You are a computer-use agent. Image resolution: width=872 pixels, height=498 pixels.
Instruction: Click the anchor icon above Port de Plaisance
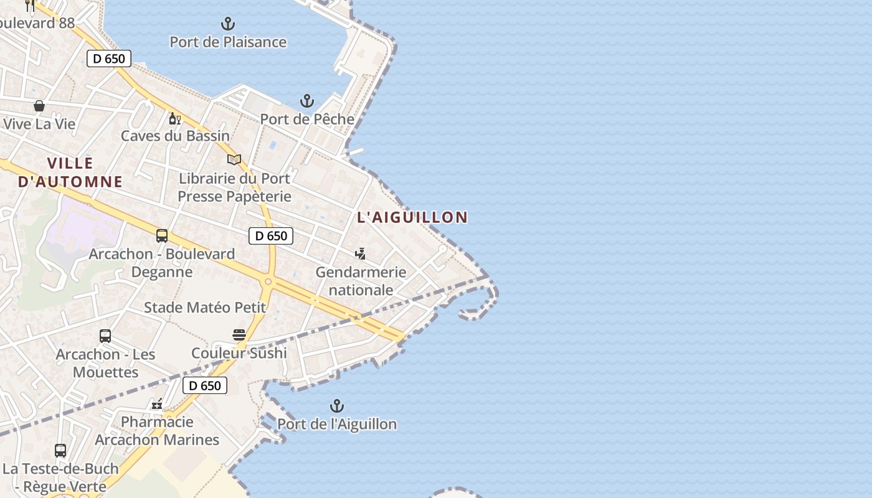click(228, 24)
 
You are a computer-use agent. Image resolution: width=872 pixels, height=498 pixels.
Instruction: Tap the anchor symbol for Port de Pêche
click(306, 101)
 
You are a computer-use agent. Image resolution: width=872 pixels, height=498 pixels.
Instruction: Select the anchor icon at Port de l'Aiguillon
click(336, 406)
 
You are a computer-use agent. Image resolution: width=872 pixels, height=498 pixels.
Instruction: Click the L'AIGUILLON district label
click(412, 217)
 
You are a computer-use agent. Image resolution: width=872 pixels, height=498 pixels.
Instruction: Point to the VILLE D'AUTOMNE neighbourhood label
click(70, 172)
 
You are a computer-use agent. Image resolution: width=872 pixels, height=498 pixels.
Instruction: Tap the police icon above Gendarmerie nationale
click(360, 253)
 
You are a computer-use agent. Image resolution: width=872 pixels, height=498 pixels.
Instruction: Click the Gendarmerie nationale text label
click(361, 281)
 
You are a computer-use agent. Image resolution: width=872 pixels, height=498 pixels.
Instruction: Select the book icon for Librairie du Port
click(234, 160)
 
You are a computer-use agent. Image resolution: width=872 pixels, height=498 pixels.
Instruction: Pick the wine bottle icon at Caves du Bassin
click(175, 118)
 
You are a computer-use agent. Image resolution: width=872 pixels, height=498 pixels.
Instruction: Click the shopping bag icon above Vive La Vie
click(39, 106)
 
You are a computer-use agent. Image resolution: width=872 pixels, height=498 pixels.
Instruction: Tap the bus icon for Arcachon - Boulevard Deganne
click(162, 236)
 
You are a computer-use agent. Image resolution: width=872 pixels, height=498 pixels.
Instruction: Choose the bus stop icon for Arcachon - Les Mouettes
click(105, 336)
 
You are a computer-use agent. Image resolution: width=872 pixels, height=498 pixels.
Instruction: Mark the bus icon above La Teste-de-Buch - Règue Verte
click(60, 450)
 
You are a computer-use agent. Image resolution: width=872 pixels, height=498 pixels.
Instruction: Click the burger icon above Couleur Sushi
click(239, 335)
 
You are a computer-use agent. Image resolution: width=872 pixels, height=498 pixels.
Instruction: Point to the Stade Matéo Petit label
click(205, 308)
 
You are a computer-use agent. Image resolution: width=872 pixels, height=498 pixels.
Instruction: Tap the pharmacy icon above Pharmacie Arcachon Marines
click(157, 404)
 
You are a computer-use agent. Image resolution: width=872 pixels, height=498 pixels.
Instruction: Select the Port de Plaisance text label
click(228, 42)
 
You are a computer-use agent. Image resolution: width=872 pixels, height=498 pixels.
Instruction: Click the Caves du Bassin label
click(175, 136)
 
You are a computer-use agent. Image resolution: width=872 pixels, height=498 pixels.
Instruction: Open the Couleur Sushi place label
click(239, 354)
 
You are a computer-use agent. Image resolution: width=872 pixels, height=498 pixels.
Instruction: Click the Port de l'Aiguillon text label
click(336, 425)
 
